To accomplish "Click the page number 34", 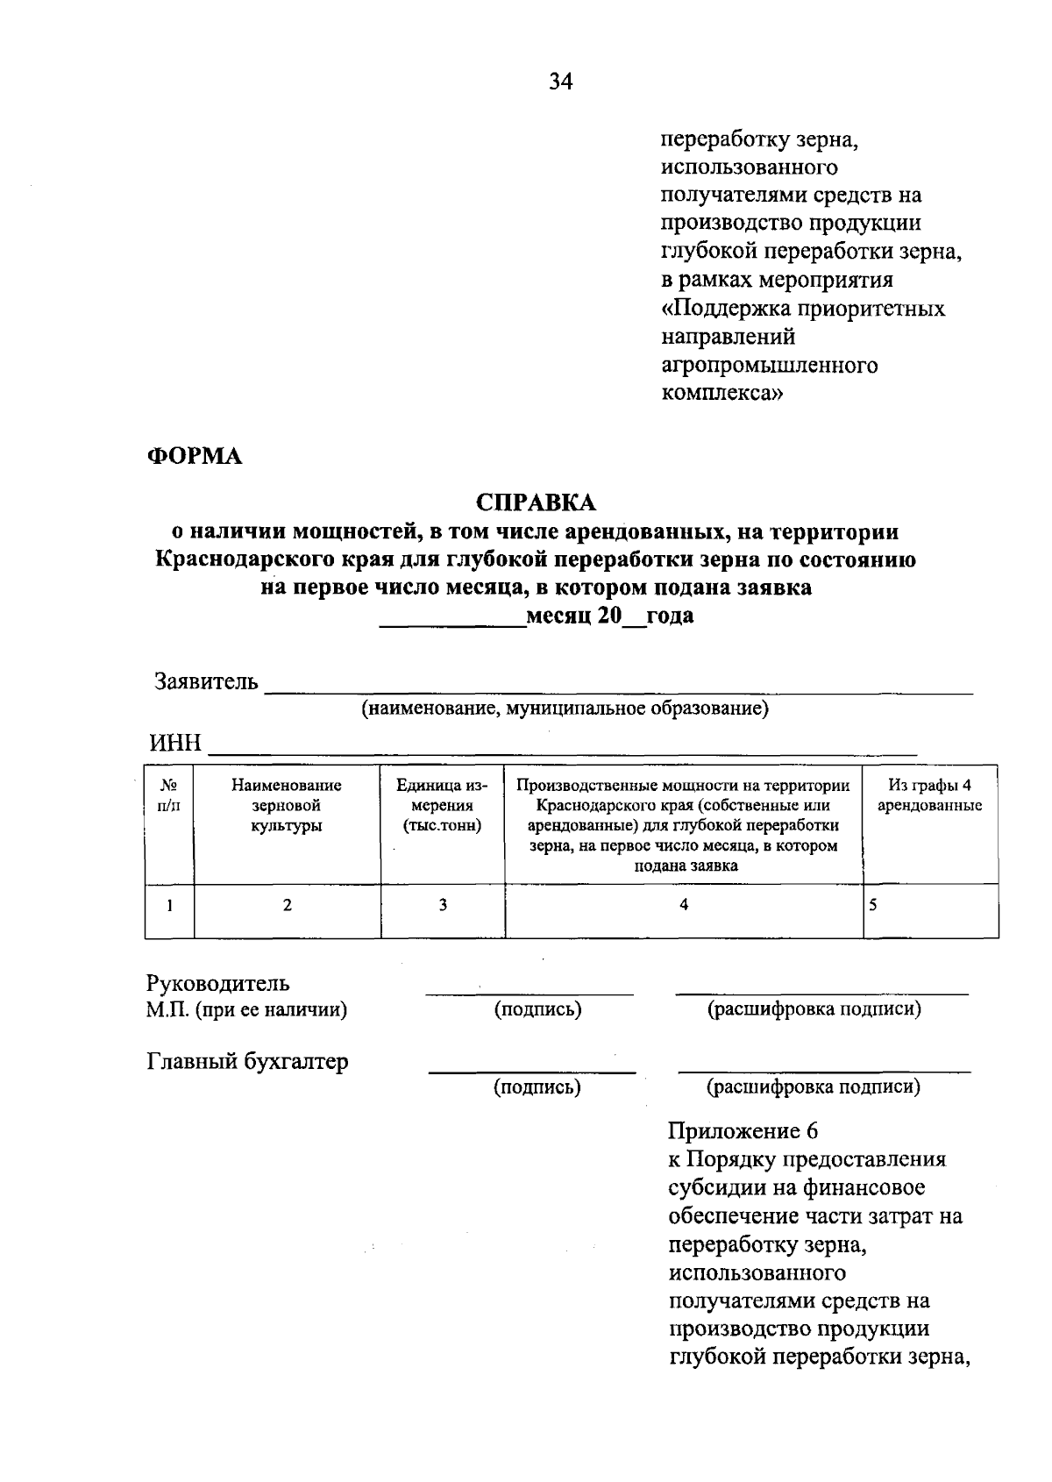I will (x=561, y=82).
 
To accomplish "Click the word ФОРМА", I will (x=195, y=457).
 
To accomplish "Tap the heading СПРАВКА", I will (x=536, y=502).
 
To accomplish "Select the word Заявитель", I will (x=207, y=681).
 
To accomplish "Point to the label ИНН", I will (x=175, y=744).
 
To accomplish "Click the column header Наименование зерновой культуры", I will (x=287, y=805).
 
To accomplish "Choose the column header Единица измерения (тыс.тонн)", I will (x=443, y=805).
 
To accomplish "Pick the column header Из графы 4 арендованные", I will (x=929, y=795).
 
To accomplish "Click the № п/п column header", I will (x=169, y=795).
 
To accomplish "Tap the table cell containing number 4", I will (x=684, y=905).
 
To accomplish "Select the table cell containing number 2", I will (x=287, y=905).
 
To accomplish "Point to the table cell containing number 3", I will (x=443, y=905).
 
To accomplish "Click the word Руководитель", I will (x=217, y=983).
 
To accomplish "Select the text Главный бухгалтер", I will (x=247, y=1061).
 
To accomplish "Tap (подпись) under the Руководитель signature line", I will (x=538, y=1009).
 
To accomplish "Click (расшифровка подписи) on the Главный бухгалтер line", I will (x=814, y=1087).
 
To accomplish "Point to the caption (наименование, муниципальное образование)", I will (x=565, y=709).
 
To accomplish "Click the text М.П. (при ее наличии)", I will (x=247, y=1010).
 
